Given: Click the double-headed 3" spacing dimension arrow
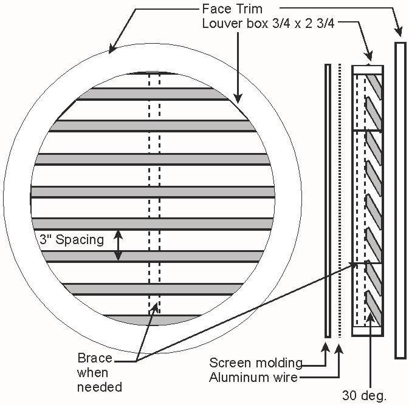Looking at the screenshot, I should (119, 245).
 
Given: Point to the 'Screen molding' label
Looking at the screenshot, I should (256, 363).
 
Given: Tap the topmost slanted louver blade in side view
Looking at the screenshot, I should (375, 85).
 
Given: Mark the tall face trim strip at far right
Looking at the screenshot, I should (400, 200).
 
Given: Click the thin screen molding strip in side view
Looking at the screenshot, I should (328, 200).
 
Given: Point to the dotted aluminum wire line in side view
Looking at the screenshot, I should (340, 200).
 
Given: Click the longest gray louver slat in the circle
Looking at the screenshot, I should (152, 191).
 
